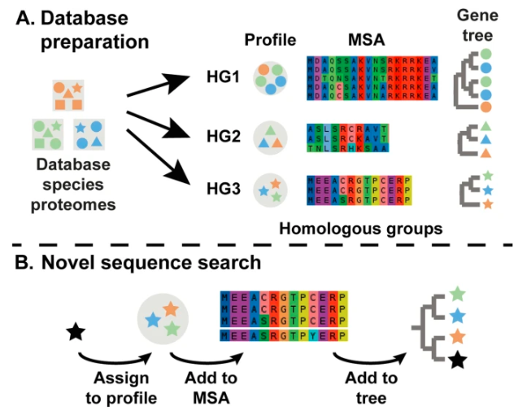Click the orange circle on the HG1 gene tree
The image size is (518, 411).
(x=485, y=107)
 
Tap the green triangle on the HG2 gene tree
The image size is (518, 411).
(x=485, y=125)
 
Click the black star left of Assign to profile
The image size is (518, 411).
(x=76, y=331)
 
